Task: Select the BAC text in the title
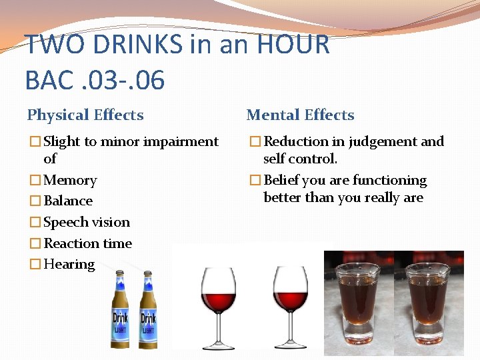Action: (x=47, y=80)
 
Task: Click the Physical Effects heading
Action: (x=85, y=115)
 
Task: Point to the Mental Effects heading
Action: (x=300, y=115)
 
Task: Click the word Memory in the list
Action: (x=70, y=180)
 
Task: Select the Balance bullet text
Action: (x=68, y=201)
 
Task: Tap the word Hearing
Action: (x=69, y=264)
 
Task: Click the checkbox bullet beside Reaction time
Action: (x=35, y=243)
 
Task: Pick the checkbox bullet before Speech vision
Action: (x=35, y=222)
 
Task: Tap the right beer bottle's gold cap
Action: (x=148, y=273)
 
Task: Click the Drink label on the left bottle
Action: (x=120, y=318)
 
